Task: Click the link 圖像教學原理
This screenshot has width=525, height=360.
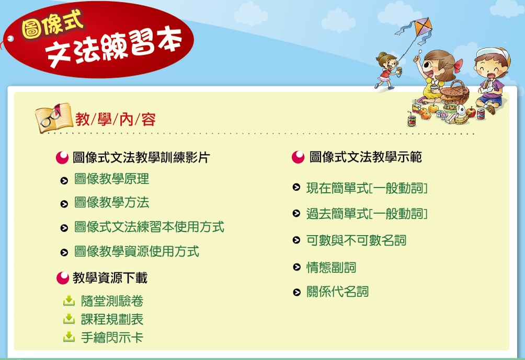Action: coord(111,179)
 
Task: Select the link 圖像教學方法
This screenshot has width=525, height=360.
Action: coord(111,202)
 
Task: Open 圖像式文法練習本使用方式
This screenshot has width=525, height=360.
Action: coord(149,227)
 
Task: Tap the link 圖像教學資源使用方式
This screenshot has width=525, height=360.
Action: coord(136,252)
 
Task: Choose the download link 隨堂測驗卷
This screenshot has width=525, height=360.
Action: coord(112,301)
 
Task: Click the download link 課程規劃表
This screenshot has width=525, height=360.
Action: coord(112,319)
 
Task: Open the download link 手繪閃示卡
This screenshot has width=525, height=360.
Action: coord(112,337)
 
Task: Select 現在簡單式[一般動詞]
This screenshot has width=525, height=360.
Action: coord(367,188)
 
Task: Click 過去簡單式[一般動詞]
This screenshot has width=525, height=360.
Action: coord(367,214)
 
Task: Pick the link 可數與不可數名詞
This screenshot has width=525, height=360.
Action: coord(356,240)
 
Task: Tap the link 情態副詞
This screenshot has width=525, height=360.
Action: coord(331,268)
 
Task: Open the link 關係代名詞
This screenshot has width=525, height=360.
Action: coord(337,292)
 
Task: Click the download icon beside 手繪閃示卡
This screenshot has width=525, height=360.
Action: coord(69,337)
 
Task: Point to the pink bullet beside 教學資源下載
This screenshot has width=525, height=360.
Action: coord(63,277)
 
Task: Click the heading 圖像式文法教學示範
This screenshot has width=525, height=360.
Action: coord(366,157)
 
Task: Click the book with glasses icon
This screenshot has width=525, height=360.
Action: coord(53,118)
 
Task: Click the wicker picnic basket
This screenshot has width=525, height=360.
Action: coord(455,92)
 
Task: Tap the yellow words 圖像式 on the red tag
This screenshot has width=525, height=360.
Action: coord(52,24)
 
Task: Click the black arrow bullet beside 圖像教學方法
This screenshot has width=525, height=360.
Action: coord(64,204)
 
